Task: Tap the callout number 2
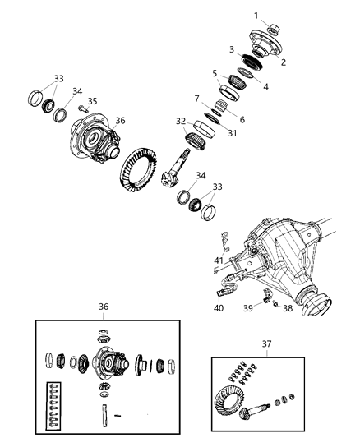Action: [283, 62]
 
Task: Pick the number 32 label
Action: [180, 121]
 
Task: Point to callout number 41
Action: [218, 260]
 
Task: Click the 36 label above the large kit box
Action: [104, 307]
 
